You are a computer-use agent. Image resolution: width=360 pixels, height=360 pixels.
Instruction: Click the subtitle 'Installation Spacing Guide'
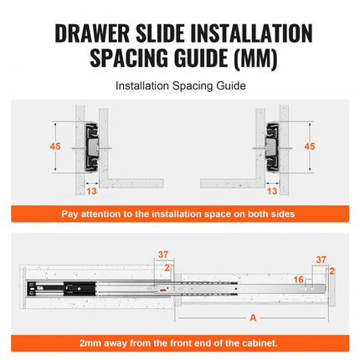(x=179, y=85)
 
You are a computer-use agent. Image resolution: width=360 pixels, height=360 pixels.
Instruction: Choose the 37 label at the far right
(x=321, y=260)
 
